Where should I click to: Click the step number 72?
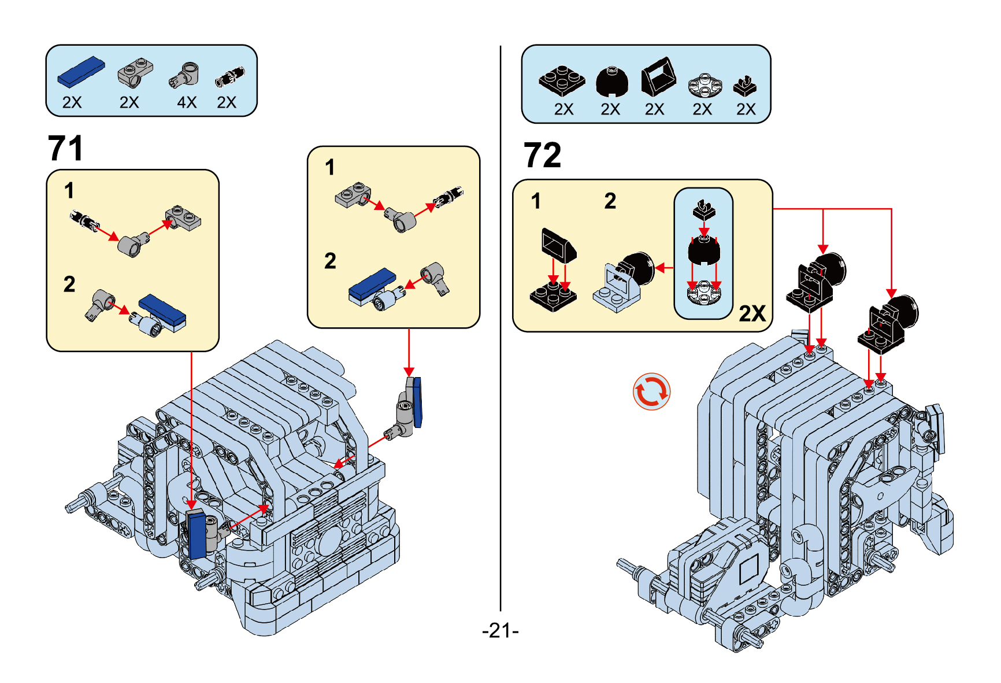click(542, 155)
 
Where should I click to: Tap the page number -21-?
click(500, 630)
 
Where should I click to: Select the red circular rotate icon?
click(651, 392)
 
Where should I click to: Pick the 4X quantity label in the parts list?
click(187, 102)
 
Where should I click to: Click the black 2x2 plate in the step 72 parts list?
click(561, 80)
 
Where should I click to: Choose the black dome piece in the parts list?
click(611, 81)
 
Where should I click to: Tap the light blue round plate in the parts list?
click(705, 85)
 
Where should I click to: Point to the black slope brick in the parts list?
click(658, 76)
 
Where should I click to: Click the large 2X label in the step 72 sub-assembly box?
click(752, 313)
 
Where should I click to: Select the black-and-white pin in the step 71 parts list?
click(229, 77)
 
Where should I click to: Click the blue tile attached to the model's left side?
click(197, 535)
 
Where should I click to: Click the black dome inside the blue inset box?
click(703, 250)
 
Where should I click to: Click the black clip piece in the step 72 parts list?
click(745, 86)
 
